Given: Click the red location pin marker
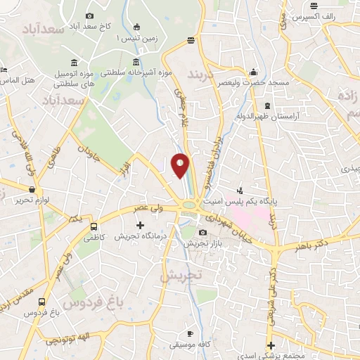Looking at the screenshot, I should pyautogui.click(x=180, y=165).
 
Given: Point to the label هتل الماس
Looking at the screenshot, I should pyautogui.click(x=20, y=80).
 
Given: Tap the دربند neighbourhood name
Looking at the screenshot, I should pyautogui.click(x=206, y=74).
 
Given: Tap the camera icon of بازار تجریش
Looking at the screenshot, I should pyautogui.click(x=203, y=233).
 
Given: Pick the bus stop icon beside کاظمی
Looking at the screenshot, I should pyautogui.click(x=94, y=227).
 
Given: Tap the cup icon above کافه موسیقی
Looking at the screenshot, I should pyautogui.click(x=190, y=333).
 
